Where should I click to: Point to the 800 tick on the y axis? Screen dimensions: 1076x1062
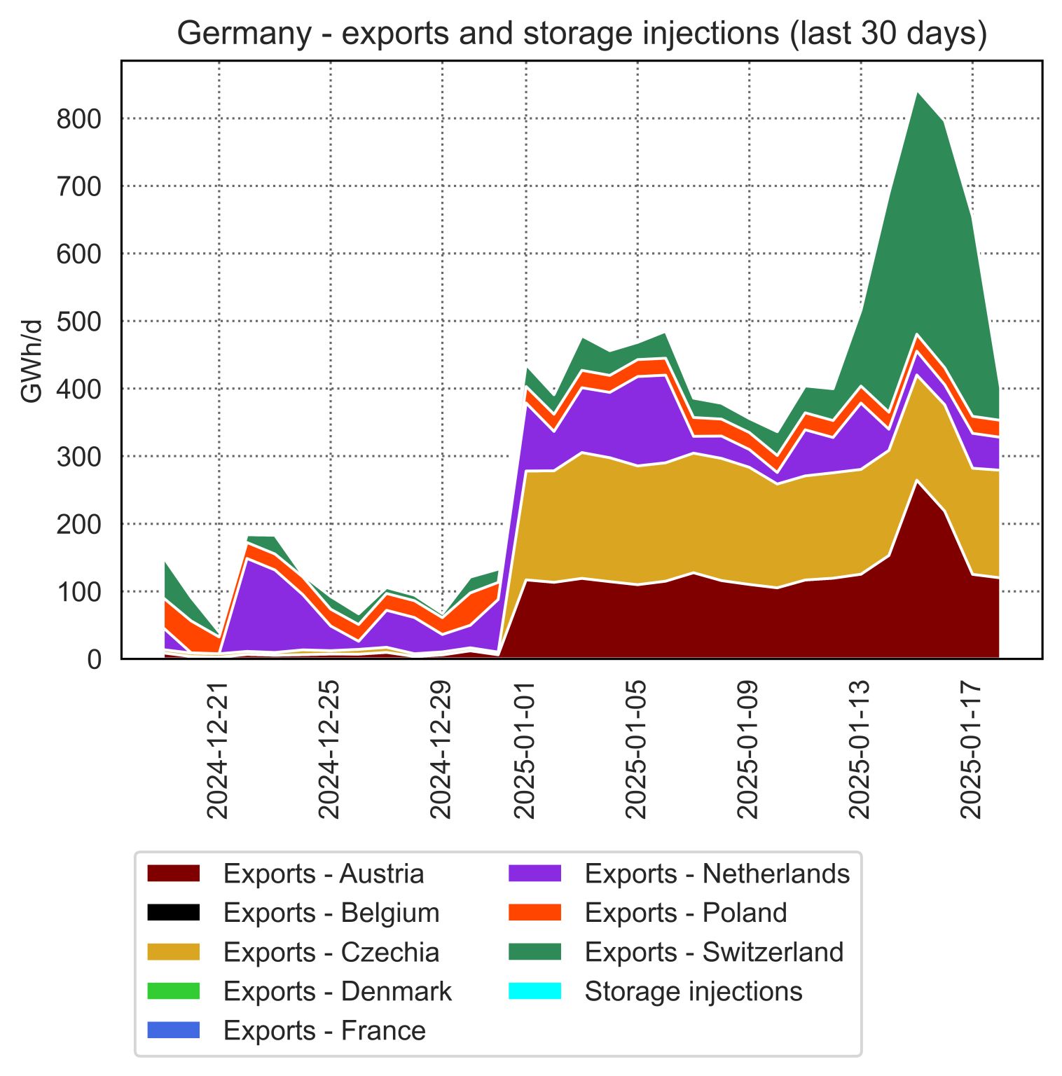[78, 119]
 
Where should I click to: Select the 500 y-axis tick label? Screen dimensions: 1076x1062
[78, 322]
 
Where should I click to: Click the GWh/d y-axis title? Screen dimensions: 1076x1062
[32, 361]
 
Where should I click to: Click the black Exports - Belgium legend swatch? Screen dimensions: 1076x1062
[174, 913]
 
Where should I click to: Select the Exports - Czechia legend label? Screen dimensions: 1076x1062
[331, 953]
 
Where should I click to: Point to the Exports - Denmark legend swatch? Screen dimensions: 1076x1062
[174, 991]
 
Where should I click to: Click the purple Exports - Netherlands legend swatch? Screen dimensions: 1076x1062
[535, 874]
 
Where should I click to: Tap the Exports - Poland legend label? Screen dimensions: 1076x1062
[685, 913]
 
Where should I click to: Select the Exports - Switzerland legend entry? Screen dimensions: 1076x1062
[713, 953]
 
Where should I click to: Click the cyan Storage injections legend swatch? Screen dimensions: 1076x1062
[535, 991]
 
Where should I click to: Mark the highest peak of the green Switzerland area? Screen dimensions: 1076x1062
[917, 93]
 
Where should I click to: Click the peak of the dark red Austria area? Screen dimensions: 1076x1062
[917, 481]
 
